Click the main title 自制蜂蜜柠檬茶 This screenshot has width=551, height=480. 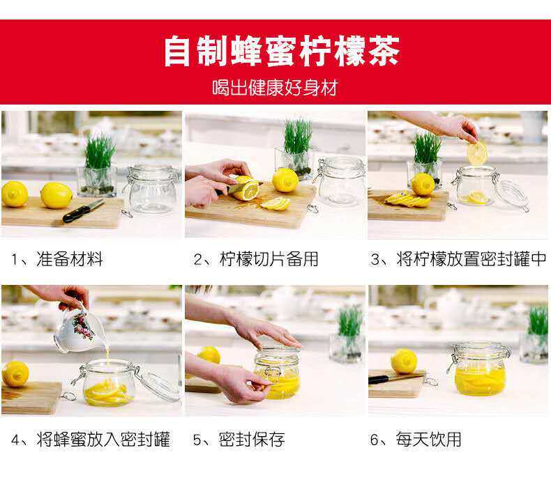[282, 51]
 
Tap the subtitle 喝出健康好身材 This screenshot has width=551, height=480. [275, 88]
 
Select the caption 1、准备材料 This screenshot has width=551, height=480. [57, 259]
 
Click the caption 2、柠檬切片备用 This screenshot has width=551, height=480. [256, 259]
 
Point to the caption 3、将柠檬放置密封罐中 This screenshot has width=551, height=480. [458, 259]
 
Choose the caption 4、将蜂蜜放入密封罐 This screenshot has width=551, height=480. [91, 440]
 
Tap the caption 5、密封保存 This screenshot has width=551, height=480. [239, 440]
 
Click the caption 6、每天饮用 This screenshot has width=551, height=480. [416, 440]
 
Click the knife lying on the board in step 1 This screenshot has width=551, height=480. [84, 210]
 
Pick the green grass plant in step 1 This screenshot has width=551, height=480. [99, 152]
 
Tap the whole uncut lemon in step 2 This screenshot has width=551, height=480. [285, 180]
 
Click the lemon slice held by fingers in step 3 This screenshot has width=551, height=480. [477, 153]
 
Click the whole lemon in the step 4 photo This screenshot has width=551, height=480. [15, 374]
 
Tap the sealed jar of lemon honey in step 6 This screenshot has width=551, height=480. [479, 369]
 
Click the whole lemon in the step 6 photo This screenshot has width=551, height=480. [404, 362]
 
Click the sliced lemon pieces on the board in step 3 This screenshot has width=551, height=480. [407, 199]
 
